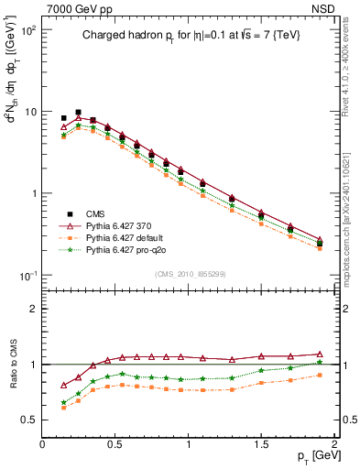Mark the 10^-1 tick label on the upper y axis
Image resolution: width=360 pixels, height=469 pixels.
[x=27, y=276]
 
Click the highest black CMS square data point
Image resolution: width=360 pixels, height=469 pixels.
[x=78, y=112]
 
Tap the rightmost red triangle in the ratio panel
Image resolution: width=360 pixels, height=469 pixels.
[x=320, y=354]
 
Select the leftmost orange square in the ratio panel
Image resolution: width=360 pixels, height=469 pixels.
[x=63, y=408]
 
